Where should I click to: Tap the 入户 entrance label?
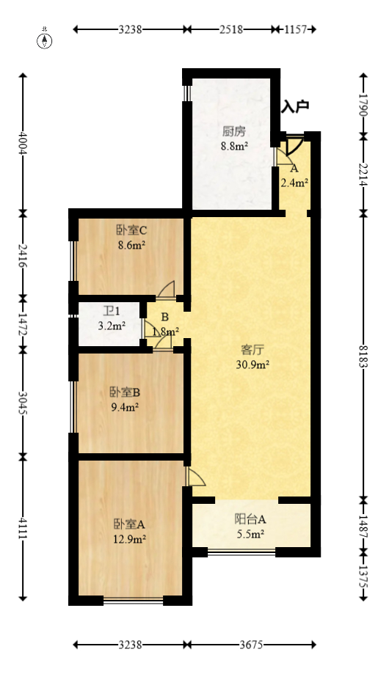coord(295,107)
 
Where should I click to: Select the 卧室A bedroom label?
coord(129,524)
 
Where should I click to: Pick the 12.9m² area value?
coord(129,539)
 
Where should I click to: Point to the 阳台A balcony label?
coord(250,519)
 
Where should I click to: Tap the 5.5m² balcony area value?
coord(250,534)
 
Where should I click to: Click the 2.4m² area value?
coord(294,183)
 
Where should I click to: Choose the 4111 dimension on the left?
coord(23,527)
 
